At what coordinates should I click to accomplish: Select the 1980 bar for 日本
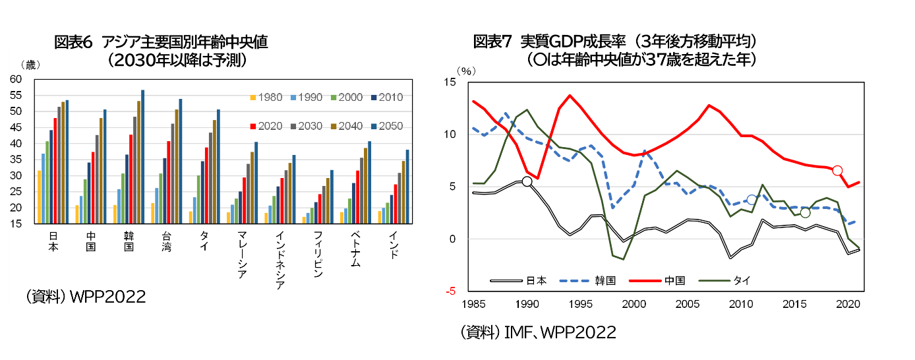40,197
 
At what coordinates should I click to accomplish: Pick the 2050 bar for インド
407,187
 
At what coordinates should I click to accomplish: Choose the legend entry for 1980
265,98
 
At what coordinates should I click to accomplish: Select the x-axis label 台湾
166,241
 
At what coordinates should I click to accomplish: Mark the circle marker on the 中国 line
837,171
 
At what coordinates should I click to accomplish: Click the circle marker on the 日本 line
527,181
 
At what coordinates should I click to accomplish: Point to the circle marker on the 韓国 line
752,200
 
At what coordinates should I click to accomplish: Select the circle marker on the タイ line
805,212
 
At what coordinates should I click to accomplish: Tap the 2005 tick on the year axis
688,304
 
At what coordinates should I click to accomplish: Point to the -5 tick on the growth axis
450,291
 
